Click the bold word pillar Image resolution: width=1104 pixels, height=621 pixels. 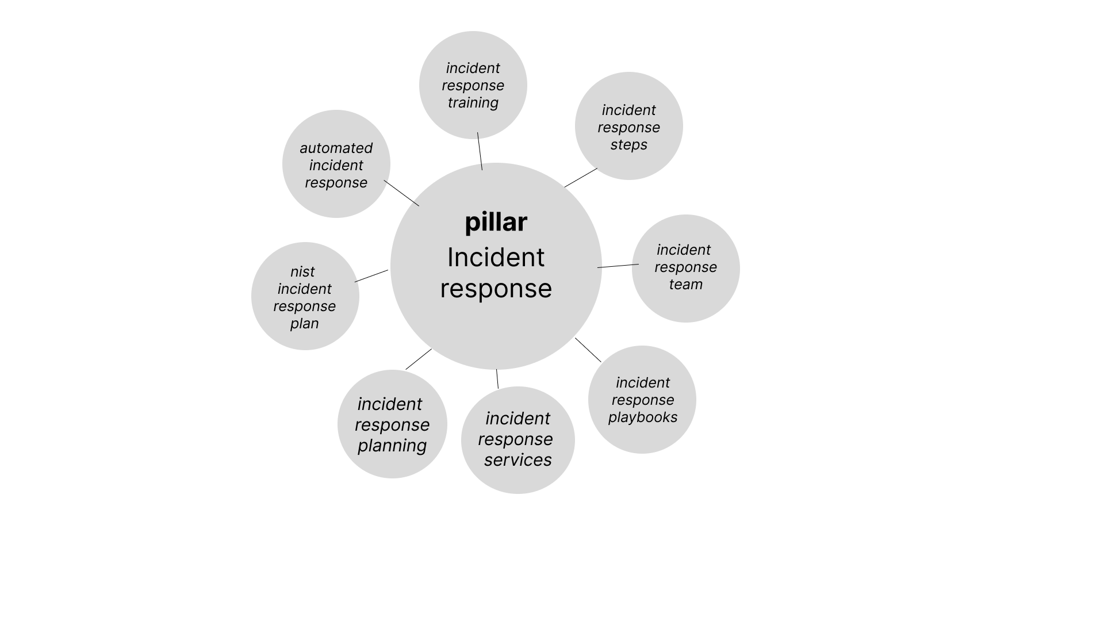[496, 223]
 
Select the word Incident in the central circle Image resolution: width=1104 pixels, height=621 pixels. [496, 257]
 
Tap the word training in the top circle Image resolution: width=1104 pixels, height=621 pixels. [473, 103]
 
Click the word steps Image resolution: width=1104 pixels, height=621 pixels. [628, 145]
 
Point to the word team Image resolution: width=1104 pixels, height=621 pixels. [685, 285]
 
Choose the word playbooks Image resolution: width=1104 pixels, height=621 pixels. [642, 417]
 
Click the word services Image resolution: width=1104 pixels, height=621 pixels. [517, 460]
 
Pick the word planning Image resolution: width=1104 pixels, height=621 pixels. [392, 446]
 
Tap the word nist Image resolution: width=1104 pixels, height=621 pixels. [302, 272]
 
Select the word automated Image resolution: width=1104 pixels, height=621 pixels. [336, 148]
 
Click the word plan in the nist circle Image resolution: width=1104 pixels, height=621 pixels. [304, 324]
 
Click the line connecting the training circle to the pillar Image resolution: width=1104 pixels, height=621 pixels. [480, 151]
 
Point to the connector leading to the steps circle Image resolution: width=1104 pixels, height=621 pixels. [581, 178]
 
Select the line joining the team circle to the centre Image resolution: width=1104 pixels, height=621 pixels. [618, 266]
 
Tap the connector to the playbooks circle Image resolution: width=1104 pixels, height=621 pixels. [588, 350]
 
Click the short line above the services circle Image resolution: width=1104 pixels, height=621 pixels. [497, 379]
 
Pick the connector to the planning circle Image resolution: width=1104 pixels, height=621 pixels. [419, 359]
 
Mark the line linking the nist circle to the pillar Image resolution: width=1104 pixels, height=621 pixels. [371, 276]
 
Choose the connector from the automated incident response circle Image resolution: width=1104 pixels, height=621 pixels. [401, 193]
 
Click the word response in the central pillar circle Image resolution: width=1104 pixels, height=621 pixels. [496, 289]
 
